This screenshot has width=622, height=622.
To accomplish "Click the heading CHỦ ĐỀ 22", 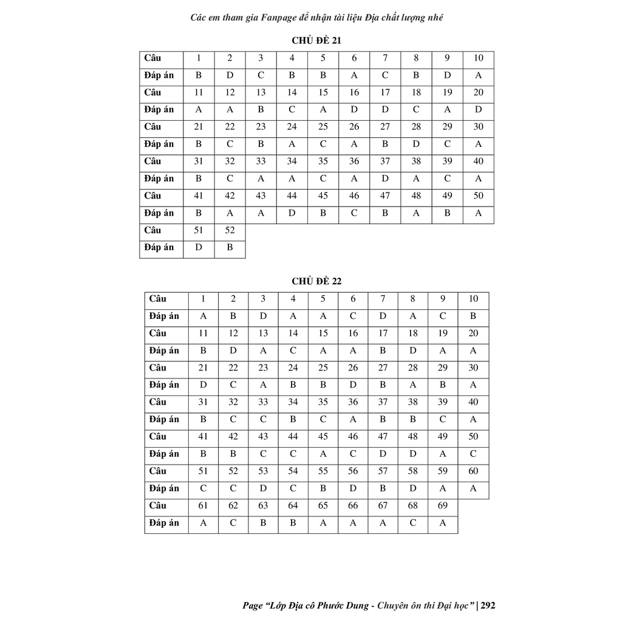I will [316, 281].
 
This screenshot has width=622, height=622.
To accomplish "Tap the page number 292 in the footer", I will [488, 605].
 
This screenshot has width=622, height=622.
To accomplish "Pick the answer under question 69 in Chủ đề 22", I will [443, 523].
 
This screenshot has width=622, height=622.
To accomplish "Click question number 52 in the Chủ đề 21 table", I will [230, 230].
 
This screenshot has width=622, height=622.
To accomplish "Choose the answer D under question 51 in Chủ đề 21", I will [199, 247].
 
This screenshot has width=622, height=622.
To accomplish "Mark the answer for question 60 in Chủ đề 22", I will [473, 488].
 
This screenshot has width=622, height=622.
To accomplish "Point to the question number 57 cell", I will [383, 471].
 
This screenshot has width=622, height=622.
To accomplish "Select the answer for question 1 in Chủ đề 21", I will [199, 76].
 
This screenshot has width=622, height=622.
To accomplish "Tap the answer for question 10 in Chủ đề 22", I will [473, 316].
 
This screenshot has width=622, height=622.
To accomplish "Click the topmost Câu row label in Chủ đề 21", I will [153, 58].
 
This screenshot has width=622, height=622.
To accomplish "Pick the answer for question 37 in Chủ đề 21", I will [385, 179].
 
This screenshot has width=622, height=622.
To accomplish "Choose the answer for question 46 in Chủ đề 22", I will [353, 454].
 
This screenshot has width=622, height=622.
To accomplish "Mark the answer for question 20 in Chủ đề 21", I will [478, 110].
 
